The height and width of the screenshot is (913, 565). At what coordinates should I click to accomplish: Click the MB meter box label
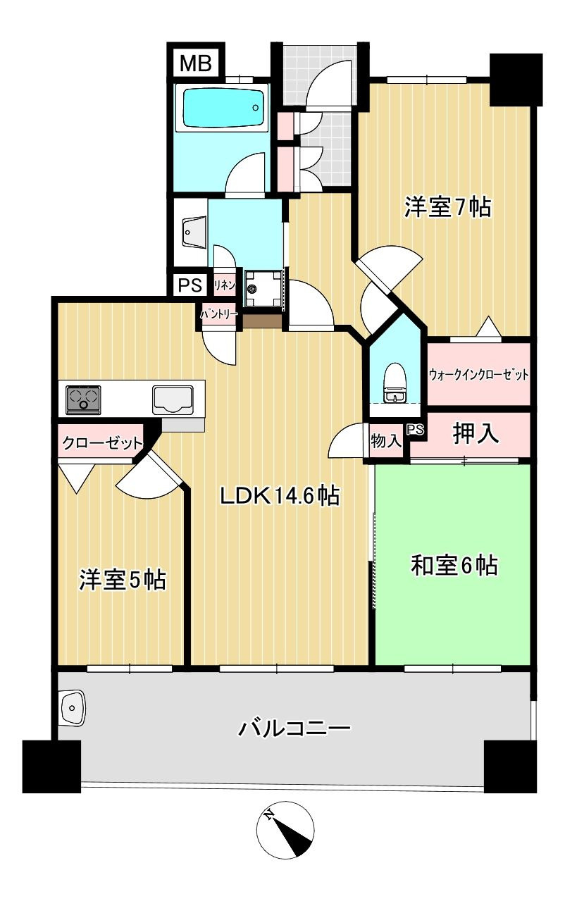196,63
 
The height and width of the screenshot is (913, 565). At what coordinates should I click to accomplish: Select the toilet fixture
393,383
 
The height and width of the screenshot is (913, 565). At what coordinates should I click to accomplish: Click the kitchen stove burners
84,400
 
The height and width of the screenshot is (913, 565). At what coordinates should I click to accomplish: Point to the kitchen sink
173,400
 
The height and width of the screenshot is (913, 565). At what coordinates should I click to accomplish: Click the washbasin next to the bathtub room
193,232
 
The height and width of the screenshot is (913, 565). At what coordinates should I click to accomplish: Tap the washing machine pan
264,288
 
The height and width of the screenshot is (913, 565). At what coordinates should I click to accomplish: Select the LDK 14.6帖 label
280,496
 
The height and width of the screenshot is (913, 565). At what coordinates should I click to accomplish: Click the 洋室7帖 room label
447,207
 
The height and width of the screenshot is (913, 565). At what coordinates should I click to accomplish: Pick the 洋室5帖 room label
123,580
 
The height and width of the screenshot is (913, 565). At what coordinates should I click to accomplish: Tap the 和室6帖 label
454,565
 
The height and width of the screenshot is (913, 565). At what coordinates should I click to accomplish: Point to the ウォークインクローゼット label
478,374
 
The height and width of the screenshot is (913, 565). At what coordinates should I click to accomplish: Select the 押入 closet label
476,433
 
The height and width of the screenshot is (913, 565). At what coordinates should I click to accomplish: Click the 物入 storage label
385,440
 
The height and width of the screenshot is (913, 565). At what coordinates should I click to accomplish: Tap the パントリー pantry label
219,314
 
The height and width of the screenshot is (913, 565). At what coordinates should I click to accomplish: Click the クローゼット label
102,443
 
